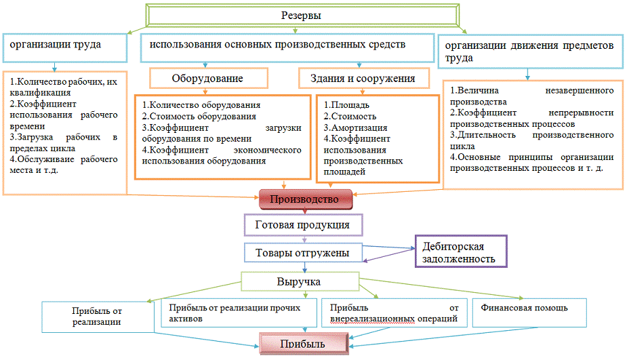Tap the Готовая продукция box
[302, 225]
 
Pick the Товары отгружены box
[302, 253]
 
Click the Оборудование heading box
[207, 79]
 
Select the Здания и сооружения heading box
[367, 79]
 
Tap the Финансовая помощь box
[523, 308]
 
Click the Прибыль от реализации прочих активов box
[239, 313]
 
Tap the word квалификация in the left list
[40, 93]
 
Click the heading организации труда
[55, 45]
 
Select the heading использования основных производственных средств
[277, 45]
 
